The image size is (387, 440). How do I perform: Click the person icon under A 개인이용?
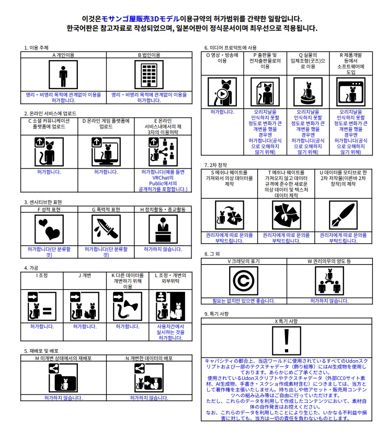tap(63, 75)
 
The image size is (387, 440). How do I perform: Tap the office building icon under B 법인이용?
tap(149, 75)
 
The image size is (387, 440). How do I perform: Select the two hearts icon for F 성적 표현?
tap(49, 229)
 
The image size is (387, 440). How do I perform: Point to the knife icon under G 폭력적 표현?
tap(106, 229)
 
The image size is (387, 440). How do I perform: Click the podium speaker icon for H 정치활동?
tap(163, 229)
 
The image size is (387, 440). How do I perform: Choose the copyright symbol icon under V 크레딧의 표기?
tap(244, 281)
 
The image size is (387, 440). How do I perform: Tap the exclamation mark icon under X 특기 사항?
tap(287, 341)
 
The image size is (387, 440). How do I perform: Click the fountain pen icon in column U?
tap(343, 215)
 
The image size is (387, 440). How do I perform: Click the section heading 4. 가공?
tap(31, 268)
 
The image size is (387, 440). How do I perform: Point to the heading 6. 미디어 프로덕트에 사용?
tap(230, 47)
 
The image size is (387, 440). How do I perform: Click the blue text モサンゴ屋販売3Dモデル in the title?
tap(140, 19)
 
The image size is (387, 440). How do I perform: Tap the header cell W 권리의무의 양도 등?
tap(329, 261)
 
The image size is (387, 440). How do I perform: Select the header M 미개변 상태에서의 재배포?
tap(63, 359)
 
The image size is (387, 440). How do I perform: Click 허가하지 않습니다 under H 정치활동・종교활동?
tap(163, 249)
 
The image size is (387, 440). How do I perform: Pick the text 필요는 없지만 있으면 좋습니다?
tap(244, 301)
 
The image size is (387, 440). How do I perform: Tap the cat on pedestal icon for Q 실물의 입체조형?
tap(308, 92)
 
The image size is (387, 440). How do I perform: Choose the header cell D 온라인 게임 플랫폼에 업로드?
tap(106, 124)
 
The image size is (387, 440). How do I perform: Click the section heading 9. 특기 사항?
tap(217, 314)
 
